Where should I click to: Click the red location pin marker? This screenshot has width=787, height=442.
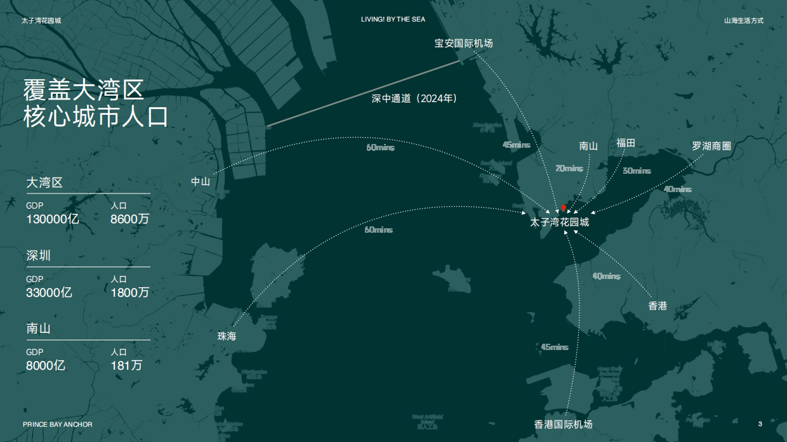(x=564, y=208)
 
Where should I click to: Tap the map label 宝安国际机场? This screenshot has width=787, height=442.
(x=463, y=43)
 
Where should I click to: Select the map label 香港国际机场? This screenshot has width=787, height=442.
(x=563, y=424)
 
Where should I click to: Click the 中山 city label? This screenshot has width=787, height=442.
(x=201, y=181)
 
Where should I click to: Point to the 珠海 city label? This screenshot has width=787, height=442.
(x=227, y=336)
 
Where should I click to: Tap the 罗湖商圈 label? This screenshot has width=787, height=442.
(x=711, y=146)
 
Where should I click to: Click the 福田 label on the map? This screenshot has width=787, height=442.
(x=626, y=143)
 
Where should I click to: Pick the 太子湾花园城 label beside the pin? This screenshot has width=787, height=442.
(x=560, y=223)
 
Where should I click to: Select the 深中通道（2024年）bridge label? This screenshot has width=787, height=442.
(x=414, y=98)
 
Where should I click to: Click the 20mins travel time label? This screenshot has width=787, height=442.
(x=569, y=169)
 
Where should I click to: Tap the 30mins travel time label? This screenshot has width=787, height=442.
(x=637, y=171)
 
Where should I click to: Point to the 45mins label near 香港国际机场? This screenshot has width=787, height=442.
(x=555, y=347)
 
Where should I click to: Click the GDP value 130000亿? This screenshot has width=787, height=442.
(x=53, y=219)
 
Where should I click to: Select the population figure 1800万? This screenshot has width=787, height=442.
(x=130, y=292)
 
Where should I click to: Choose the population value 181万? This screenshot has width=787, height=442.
(x=126, y=365)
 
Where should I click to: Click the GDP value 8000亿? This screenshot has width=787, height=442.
(x=46, y=365)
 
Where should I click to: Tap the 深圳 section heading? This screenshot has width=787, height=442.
(x=38, y=256)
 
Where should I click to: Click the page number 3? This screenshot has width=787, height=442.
(x=760, y=424)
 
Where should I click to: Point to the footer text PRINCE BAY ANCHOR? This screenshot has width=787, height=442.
(x=58, y=424)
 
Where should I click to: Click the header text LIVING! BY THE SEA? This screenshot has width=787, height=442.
(x=393, y=20)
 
